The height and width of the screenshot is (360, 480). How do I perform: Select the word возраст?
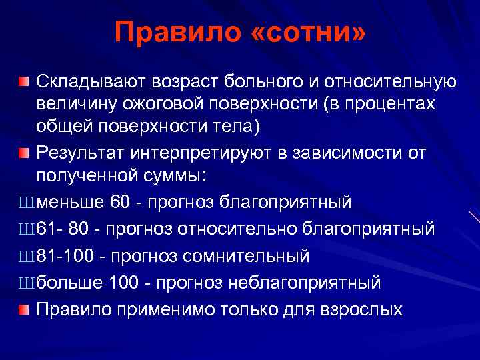tap(189, 81)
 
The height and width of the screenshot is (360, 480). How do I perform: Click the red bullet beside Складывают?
tap(24, 81)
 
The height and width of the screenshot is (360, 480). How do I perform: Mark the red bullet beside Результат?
tap(24, 153)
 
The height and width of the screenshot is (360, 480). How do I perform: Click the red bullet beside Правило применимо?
tap(24, 309)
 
